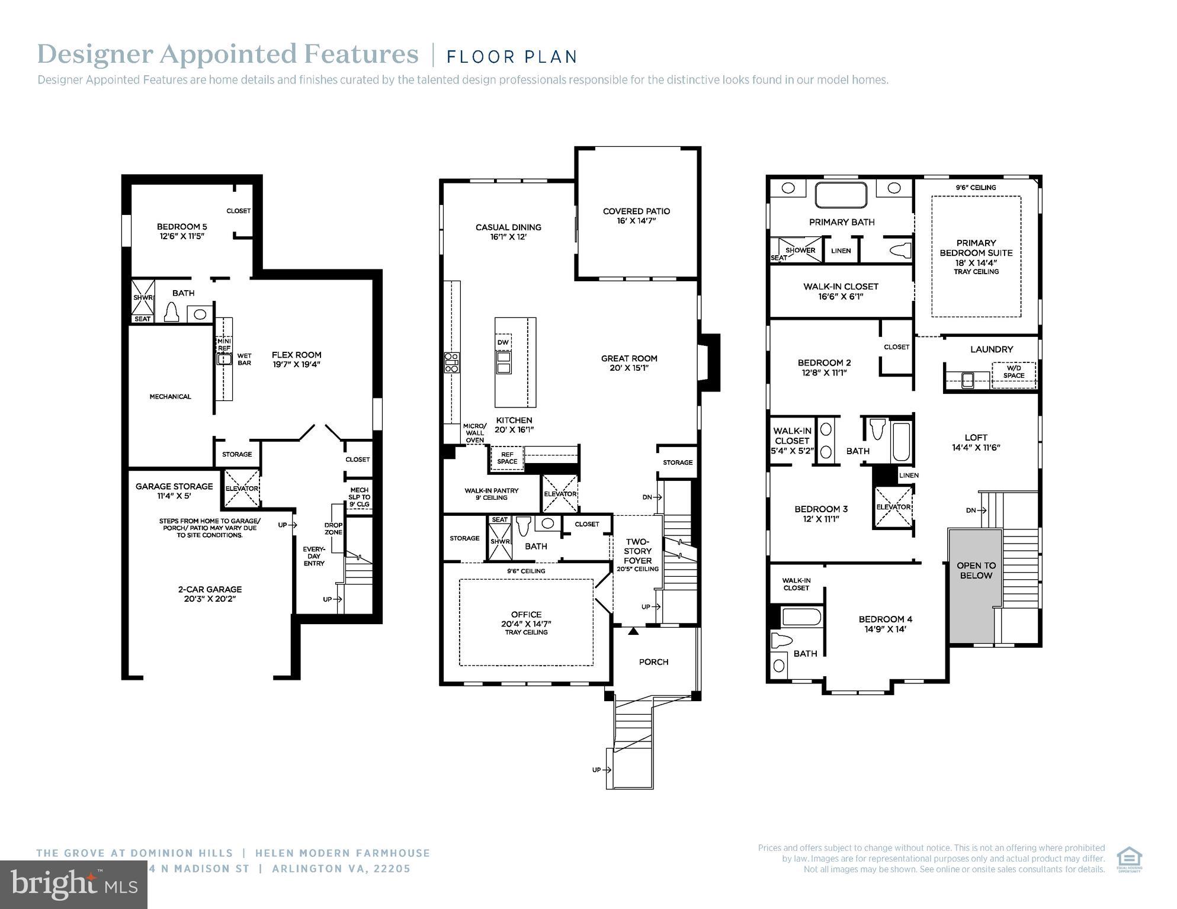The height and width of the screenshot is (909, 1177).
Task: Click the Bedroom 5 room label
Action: coord(182,227)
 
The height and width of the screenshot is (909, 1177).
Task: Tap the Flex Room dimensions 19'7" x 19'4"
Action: coord(296,365)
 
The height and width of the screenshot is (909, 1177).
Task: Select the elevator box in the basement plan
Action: coord(242,489)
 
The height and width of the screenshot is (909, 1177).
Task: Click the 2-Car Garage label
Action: coord(210,589)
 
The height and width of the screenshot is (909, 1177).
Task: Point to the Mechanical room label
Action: coord(170,397)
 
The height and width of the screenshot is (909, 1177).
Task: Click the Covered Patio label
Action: coord(636,211)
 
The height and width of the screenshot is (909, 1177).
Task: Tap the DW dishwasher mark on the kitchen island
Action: coord(503,343)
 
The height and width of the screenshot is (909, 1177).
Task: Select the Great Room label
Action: coord(629,358)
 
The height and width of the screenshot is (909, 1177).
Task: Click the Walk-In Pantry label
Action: coord(491,491)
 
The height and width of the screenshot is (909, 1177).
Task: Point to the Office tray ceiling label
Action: coord(526,632)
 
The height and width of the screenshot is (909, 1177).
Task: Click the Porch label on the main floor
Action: coord(653,662)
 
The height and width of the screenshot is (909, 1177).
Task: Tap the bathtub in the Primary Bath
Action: coord(841,195)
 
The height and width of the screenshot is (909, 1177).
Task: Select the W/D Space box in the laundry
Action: coord(1014,372)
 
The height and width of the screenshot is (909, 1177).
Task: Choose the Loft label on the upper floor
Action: coord(976,438)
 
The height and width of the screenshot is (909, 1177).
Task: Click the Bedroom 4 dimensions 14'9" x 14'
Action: coord(886,629)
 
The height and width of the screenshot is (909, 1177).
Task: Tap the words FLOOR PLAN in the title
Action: coord(512,57)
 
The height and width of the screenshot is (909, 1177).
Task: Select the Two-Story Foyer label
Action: coord(637,551)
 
